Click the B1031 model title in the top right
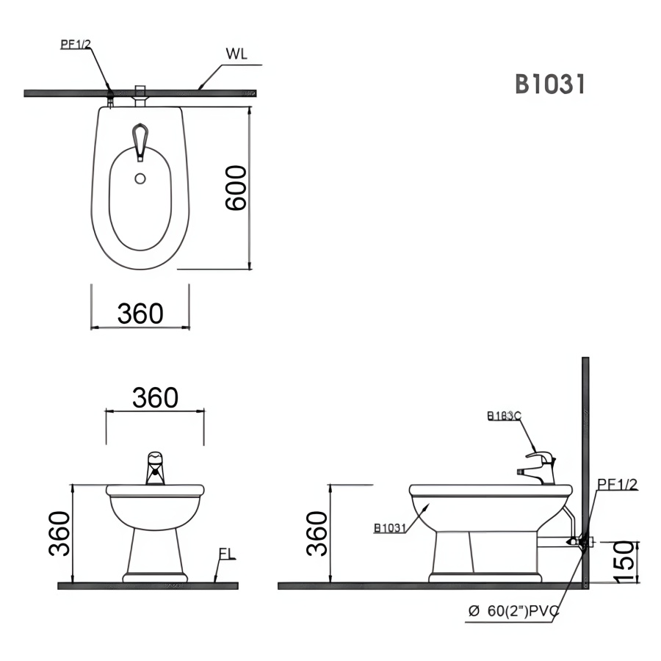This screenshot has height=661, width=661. point(549,84)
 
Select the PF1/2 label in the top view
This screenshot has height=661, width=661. point(75,45)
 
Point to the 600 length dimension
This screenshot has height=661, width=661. point(236,188)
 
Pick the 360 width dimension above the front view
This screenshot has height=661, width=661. point(155,397)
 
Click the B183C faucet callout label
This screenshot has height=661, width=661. point(504,416)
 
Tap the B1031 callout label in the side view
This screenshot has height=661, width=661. point(389,527)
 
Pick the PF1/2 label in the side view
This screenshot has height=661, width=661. point(616,483)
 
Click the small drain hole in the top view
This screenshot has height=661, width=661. point(140,177)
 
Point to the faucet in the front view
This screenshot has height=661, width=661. point(155,469)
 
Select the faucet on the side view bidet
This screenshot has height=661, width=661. point(541,467)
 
